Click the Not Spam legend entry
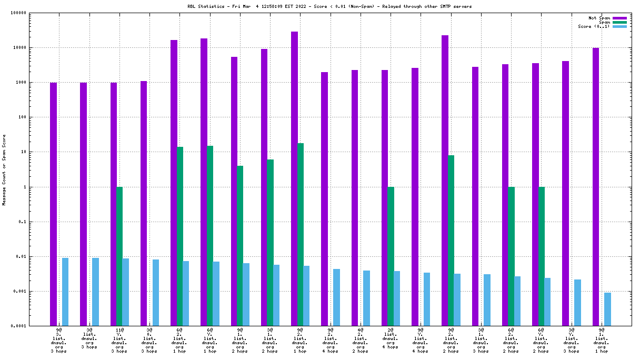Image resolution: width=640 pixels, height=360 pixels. (x=599, y=18)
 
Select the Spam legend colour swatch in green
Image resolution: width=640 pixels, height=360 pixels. (x=619, y=22)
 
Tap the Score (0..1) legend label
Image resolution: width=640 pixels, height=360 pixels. (x=594, y=26)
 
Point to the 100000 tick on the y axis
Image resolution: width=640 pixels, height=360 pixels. (x=33, y=13)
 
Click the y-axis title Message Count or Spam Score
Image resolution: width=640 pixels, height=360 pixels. (x=4, y=169)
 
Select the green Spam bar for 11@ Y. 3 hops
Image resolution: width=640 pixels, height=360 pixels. (x=119, y=256)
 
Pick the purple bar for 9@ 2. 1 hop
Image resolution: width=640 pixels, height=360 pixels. (x=294, y=178)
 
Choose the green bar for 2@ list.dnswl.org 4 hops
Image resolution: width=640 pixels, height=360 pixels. (x=391, y=256)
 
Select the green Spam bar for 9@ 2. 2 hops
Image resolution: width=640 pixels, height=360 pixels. (x=451, y=241)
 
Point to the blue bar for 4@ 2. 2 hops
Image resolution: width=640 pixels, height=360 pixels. (x=366, y=298)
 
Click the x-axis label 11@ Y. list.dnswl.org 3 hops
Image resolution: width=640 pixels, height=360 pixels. (x=119, y=341)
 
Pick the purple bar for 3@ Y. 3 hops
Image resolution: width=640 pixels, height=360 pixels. (x=565, y=193)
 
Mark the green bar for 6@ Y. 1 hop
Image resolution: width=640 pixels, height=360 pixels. (x=210, y=236)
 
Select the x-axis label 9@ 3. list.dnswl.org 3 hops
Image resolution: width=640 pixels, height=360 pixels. (x=59, y=341)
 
